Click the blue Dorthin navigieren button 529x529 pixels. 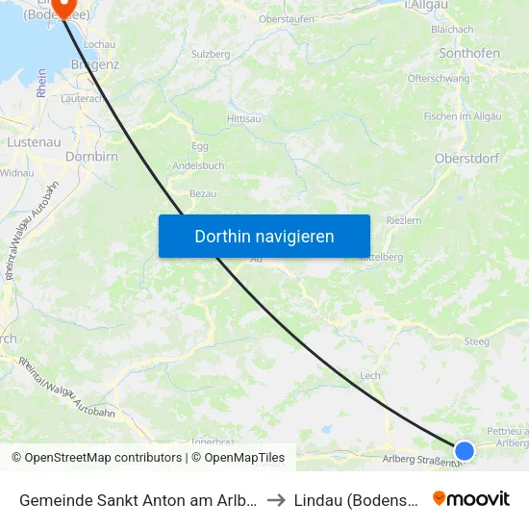(x=264, y=236)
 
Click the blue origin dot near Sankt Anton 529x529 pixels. (x=465, y=450)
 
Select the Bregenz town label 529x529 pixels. (x=94, y=64)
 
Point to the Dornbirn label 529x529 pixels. (x=91, y=155)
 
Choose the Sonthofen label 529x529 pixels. (x=469, y=53)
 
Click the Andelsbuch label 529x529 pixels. (x=198, y=165)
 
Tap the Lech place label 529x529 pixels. (x=369, y=376)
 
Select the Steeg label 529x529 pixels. (x=476, y=341)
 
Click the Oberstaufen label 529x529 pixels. (x=287, y=19)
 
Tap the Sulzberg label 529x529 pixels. (x=211, y=55)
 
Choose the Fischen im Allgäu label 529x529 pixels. (x=464, y=116)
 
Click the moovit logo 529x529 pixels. (x=470, y=498)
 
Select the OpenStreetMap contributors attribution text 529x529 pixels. (x=97, y=458)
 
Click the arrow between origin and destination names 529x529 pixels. (x=275, y=499)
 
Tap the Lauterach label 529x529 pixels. (x=82, y=98)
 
